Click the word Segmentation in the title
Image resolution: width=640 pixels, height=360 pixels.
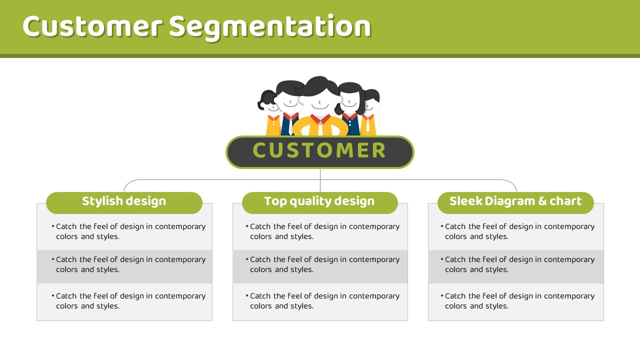270,27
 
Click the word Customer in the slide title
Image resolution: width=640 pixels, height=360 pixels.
93,26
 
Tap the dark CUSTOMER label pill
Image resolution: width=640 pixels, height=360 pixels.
319,152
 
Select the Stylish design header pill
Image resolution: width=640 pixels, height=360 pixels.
124,203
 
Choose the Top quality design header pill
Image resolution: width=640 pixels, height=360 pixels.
320,203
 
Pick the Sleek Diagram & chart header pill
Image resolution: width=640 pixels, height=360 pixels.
515,203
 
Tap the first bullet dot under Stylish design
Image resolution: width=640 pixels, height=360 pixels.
53,226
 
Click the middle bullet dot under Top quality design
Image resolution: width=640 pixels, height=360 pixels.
247,259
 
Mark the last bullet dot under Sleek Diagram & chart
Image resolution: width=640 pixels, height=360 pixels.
442,295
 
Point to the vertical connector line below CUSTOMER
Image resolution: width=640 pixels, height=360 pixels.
320,180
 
